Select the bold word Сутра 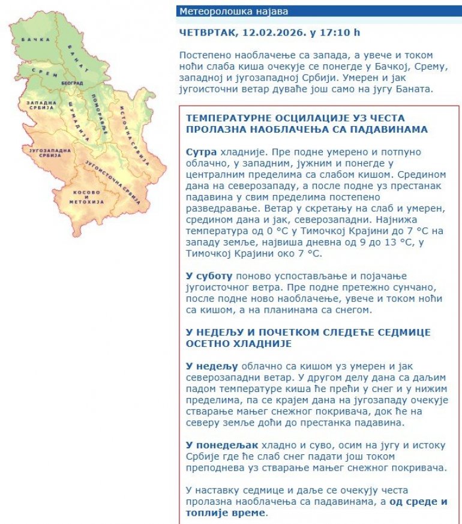pos(201,152)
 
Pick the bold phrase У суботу pos(209,276)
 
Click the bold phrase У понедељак pos(222,445)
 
